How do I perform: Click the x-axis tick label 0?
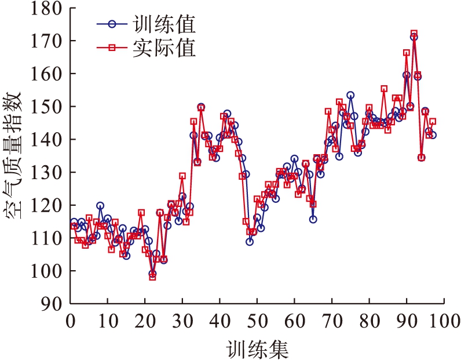click(x=71, y=321)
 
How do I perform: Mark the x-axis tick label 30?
click(x=182, y=321)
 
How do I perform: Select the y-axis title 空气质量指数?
click(x=14, y=157)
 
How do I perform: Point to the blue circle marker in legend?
click(x=114, y=24)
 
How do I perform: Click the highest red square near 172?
click(x=414, y=34)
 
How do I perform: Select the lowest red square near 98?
click(x=152, y=277)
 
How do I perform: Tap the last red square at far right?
click(x=432, y=121)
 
